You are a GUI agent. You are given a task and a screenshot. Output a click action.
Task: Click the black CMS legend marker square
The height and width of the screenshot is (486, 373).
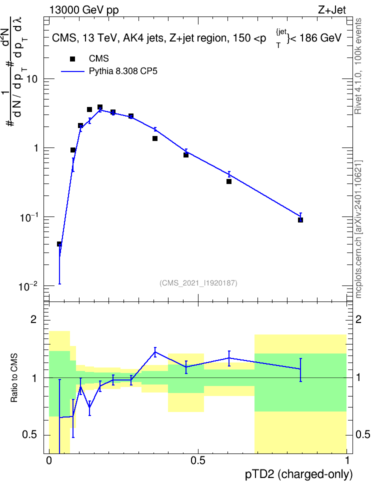point(72,59)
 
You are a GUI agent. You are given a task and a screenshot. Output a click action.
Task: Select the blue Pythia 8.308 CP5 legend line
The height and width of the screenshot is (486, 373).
point(72,71)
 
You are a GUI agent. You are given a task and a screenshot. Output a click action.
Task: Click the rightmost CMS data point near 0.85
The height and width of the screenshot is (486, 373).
point(300,220)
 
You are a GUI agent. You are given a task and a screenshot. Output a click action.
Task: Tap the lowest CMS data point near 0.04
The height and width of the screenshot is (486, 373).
point(59,244)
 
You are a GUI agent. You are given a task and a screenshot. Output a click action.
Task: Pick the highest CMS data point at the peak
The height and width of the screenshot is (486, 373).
point(100,107)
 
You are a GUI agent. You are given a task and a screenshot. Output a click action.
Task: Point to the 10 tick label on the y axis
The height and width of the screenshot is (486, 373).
point(32,79)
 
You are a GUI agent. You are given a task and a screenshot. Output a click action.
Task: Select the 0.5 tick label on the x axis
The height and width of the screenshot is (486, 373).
point(198,460)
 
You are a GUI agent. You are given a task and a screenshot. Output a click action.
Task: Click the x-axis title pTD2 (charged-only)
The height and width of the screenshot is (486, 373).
point(299,474)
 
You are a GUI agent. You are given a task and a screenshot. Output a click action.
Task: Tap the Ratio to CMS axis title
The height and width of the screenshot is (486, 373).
point(14,378)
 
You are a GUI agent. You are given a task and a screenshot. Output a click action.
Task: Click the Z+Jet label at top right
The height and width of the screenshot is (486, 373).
point(332,10)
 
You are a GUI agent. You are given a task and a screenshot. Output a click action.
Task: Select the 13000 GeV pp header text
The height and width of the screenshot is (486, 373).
point(84,10)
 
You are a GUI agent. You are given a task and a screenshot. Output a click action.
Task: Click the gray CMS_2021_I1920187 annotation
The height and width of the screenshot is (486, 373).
point(198,283)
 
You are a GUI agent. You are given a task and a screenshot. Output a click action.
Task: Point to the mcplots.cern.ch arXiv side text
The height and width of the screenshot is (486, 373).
point(358,229)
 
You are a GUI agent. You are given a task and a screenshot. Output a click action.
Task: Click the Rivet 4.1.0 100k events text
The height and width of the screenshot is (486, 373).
point(358,66)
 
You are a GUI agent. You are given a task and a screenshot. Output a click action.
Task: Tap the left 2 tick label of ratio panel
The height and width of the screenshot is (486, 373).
point(33,319)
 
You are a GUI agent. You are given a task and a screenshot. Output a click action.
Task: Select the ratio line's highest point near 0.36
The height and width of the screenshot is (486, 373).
point(155,352)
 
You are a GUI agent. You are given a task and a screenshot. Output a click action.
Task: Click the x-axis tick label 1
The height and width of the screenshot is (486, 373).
point(347,460)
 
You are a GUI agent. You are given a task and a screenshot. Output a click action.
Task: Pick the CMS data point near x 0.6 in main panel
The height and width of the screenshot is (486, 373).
point(229,181)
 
